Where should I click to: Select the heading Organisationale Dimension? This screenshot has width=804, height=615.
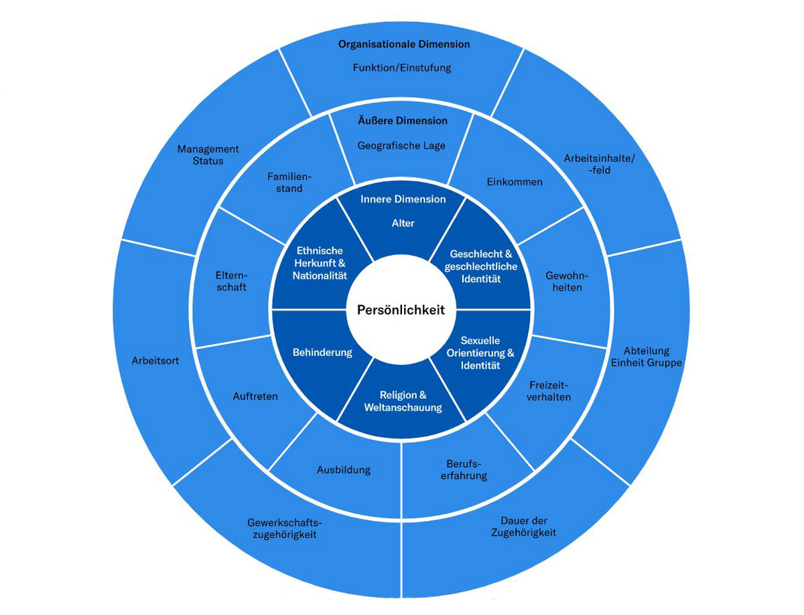(x=403, y=44)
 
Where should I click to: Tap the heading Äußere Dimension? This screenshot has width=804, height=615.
(x=402, y=121)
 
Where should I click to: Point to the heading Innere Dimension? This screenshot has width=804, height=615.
(x=403, y=199)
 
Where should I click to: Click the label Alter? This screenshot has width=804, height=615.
(x=403, y=223)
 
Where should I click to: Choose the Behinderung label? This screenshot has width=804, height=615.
(x=322, y=352)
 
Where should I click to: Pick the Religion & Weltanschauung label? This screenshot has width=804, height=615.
(x=403, y=401)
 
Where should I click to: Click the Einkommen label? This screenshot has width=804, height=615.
(x=514, y=182)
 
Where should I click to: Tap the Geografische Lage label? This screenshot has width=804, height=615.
(x=401, y=145)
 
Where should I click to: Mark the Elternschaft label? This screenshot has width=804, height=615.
(x=231, y=281)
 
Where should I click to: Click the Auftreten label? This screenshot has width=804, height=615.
(x=255, y=396)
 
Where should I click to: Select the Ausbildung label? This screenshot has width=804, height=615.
(x=343, y=470)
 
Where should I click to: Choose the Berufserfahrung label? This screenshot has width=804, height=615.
(x=466, y=469)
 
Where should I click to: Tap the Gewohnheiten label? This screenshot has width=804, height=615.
(x=563, y=281)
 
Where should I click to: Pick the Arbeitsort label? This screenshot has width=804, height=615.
(x=155, y=360)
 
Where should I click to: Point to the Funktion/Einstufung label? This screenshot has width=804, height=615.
(x=402, y=68)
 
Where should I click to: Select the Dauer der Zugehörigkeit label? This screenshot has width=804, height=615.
(x=524, y=527)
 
